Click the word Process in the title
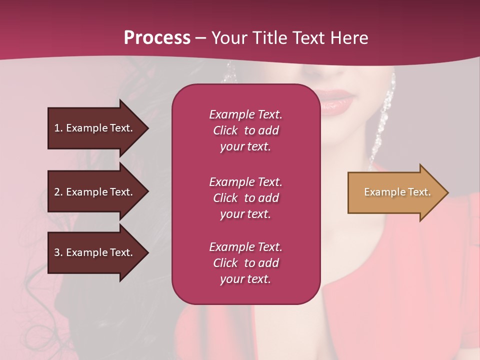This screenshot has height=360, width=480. click(x=157, y=38)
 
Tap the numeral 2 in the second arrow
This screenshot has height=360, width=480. click(x=57, y=192)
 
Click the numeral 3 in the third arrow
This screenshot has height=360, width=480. click(x=57, y=252)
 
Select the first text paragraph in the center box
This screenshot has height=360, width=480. click(x=245, y=130)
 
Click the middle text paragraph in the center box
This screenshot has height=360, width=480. click(x=245, y=198)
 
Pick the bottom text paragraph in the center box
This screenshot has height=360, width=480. click(x=245, y=263)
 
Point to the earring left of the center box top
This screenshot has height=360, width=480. click(x=229, y=74)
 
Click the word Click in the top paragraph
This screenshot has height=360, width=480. click(x=225, y=130)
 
